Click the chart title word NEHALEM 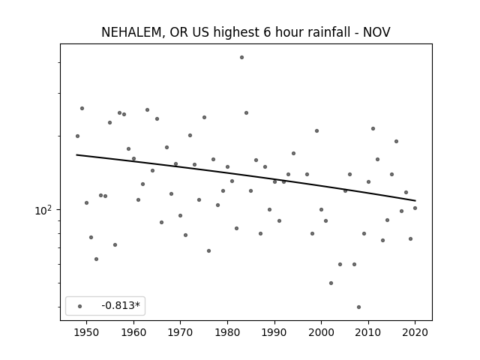[131, 32]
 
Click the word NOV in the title [376, 32]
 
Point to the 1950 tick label [87, 332]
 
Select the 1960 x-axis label [133, 332]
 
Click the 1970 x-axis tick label [180, 332]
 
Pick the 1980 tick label [227, 332]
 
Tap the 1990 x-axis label [274, 332]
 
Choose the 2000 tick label [321, 332]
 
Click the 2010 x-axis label [368, 332]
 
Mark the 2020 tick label [415, 332]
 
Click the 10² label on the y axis [43, 211]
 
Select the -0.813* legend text [121, 305]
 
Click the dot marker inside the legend [80, 306]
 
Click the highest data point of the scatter [241, 57]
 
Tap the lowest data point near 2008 [358, 307]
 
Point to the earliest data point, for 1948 [77, 136]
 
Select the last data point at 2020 [415, 208]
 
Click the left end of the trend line [76, 155]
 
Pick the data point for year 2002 [331, 283]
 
